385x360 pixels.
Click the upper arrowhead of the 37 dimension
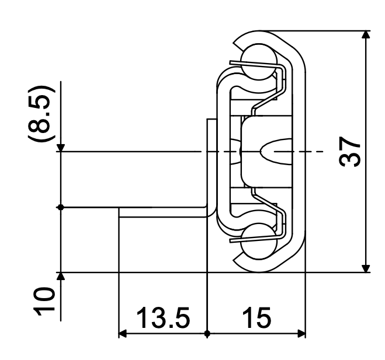[x=366, y=36]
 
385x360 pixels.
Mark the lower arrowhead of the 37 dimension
[x=366, y=267]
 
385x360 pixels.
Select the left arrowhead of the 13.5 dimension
[x=123, y=334]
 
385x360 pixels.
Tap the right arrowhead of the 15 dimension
[x=301, y=334]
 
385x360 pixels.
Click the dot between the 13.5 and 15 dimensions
[x=207, y=334]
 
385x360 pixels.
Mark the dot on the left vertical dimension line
[x=62, y=207]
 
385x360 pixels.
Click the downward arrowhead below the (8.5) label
[x=62, y=146]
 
